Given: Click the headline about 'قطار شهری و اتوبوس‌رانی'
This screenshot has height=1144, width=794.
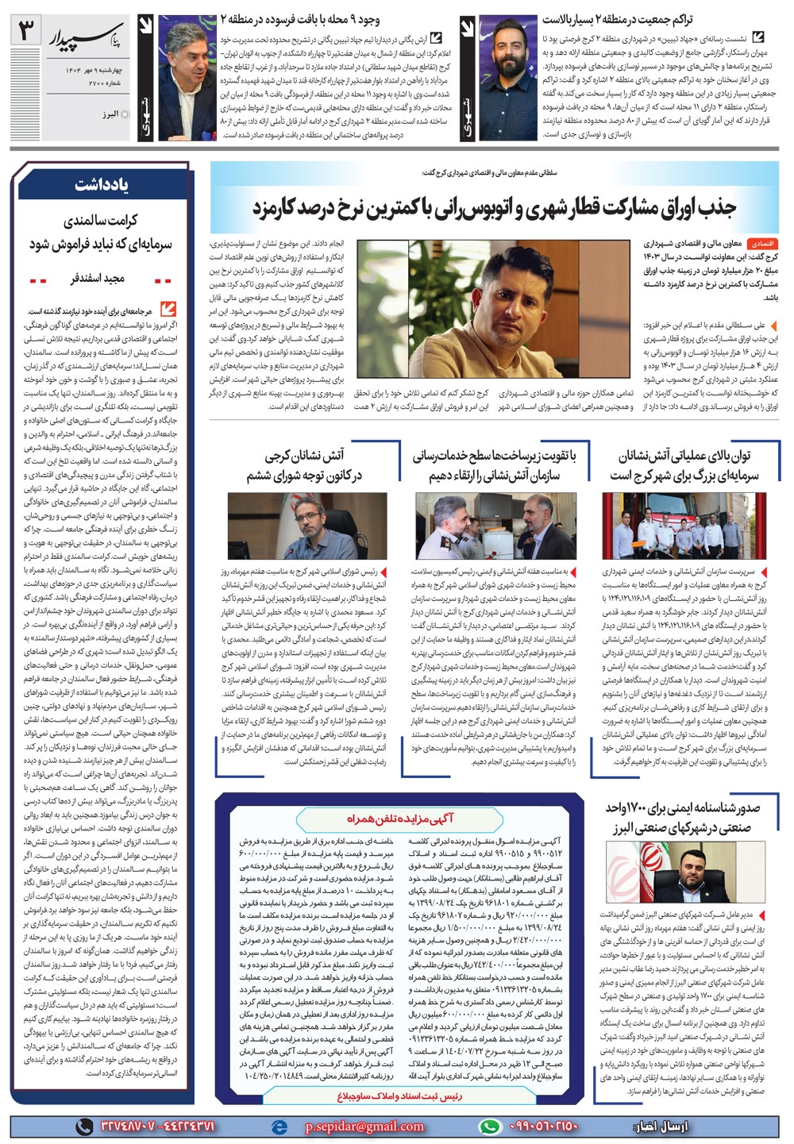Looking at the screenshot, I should click(494, 208).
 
